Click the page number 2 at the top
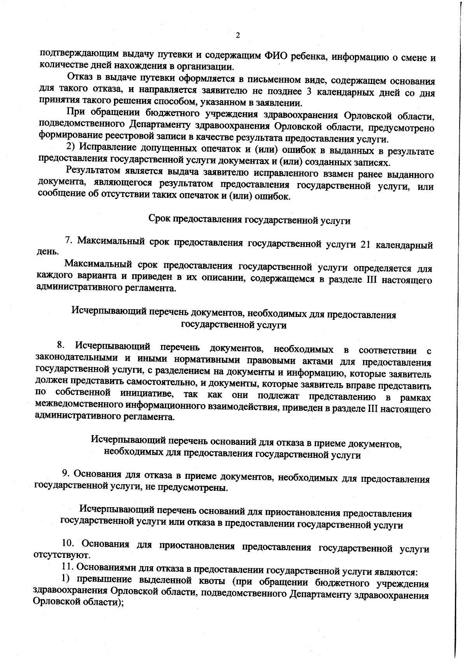point(238,35)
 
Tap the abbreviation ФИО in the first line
point(276,55)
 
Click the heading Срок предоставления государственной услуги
point(249,220)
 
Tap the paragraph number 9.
point(67,474)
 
